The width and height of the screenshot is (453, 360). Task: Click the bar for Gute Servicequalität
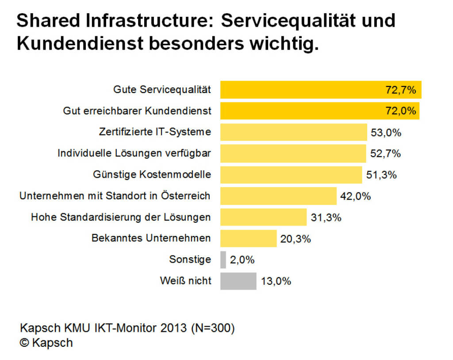tap(301, 90)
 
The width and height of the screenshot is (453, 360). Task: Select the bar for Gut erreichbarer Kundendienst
tap(301, 111)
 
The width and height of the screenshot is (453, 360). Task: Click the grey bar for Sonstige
tap(223, 259)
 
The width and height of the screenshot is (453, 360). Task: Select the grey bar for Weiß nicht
tap(238, 281)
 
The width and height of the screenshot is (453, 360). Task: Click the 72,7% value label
tap(401, 90)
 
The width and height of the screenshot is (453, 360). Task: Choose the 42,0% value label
tap(355, 196)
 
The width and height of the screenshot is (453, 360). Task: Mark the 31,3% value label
tap(326, 217)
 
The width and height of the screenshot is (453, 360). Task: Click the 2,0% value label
tap(242, 260)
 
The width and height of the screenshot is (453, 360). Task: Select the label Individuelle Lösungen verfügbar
tap(134, 154)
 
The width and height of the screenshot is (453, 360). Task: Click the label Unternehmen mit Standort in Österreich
tap(115, 196)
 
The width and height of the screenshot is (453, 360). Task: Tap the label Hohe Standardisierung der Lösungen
tap(121, 217)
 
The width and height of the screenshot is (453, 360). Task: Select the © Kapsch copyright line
tap(46, 343)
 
